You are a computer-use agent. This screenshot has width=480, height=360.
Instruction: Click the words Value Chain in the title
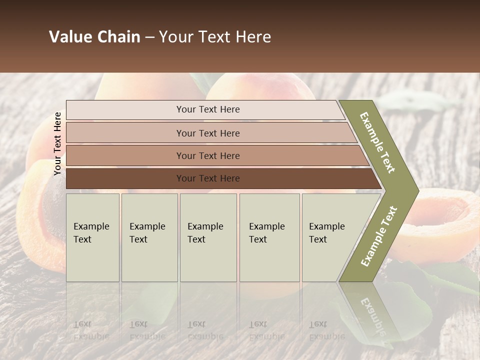[x=94, y=37]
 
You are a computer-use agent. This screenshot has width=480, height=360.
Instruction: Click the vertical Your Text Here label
[x=58, y=143]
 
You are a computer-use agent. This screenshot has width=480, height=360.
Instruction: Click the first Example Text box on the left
[x=92, y=237]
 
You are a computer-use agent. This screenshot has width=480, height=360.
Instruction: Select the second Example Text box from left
[x=149, y=237]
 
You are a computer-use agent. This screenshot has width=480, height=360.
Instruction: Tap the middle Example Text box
[x=208, y=237]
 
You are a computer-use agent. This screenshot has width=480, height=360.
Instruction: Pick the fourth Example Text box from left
[x=269, y=237]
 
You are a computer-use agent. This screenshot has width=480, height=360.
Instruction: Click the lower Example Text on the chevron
[x=379, y=236]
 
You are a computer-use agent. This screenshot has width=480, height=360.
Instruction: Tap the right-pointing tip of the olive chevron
[x=416, y=190]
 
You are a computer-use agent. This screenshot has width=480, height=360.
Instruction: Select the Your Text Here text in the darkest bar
[x=208, y=178]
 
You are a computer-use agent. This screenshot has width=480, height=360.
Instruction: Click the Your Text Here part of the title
[x=215, y=37]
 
